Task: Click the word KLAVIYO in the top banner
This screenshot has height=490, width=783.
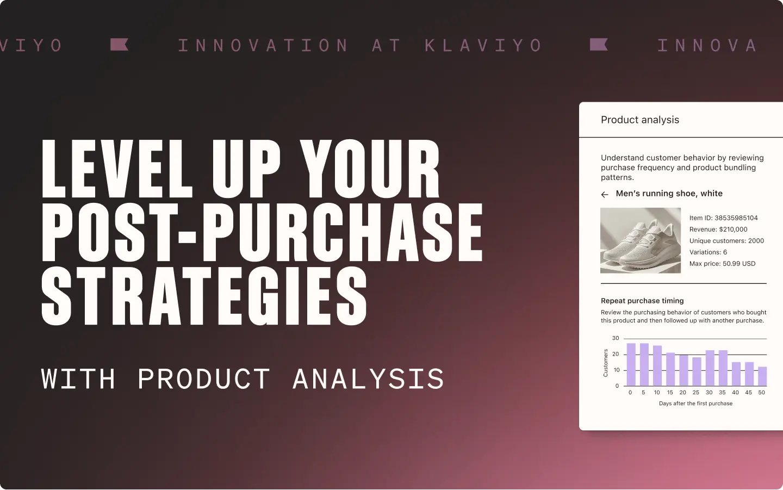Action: [x=483, y=45]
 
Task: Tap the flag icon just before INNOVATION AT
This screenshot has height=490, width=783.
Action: [x=119, y=45]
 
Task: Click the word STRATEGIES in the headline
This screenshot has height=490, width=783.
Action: [x=204, y=296]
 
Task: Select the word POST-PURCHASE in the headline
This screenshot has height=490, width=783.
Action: [x=262, y=233]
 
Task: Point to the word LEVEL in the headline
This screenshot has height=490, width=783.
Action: [x=117, y=170]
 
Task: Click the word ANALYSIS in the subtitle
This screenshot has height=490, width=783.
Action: [x=368, y=379]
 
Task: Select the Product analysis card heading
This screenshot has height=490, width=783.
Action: [x=639, y=120]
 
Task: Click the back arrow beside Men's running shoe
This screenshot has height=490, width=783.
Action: [x=605, y=194]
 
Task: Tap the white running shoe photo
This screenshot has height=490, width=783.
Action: [x=640, y=240]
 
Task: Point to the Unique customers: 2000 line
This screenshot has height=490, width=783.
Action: [x=726, y=241]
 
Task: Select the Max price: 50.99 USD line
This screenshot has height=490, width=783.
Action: [x=722, y=264]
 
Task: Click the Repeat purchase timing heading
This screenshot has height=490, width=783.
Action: [x=642, y=301]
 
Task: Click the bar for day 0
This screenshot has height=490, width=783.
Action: [x=631, y=364]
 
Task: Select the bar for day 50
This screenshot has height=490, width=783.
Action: [x=762, y=376]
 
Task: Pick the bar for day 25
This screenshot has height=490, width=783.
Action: [x=697, y=371]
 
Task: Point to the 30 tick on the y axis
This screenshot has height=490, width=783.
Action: [x=616, y=338]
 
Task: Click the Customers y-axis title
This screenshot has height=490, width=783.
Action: [x=606, y=363]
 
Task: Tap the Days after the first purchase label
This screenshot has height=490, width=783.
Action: [x=695, y=404]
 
